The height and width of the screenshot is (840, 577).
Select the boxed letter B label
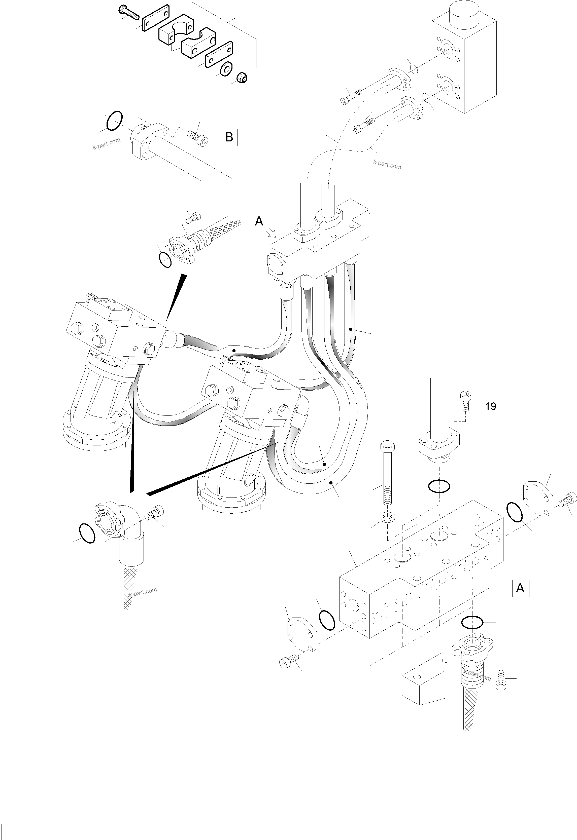[229, 137]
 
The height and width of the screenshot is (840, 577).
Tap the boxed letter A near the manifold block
[520, 588]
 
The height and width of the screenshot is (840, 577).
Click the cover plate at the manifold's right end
[538, 498]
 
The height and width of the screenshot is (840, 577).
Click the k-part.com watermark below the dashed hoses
[387, 165]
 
